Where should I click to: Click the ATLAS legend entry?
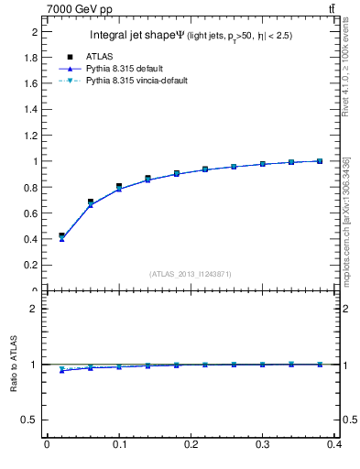[97, 56]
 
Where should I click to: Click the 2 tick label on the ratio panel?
[38, 309]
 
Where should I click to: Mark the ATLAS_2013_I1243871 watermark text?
[191, 274]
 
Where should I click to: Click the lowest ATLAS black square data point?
[61, 235]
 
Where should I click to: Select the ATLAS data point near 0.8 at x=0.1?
[119, 186]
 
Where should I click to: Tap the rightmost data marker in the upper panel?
[320, 161]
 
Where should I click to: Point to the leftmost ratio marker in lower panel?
[61, 370]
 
